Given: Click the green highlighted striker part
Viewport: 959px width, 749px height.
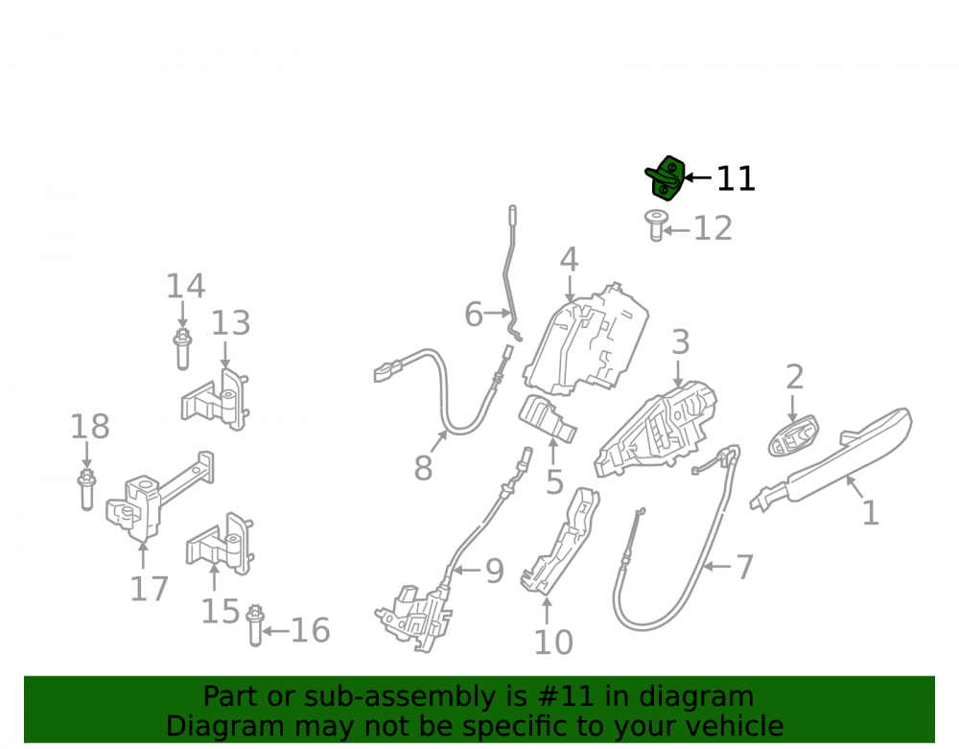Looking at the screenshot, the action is click(x=666, y=178).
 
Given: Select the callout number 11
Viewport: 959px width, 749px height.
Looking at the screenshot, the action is click(x=736, y=179).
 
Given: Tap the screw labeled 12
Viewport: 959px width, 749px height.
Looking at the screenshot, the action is click(x=656, y=225).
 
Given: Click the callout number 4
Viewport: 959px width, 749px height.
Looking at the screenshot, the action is click(x=569, y=260).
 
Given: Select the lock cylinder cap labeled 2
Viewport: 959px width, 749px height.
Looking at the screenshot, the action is click(x=793, y=436).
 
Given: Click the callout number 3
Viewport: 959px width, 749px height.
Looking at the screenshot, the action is click(x=681, y=342).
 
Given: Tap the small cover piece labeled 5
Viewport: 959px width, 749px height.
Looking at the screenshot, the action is click(x=548, y=419).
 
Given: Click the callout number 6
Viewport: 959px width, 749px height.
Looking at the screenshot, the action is click(x=474, y=315).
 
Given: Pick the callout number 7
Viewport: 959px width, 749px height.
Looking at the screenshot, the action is click(x=744, y=567).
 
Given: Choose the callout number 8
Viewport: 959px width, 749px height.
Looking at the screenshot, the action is click(x=423, y=468).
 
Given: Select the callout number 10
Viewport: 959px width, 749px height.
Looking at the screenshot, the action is click(x=553, y=642).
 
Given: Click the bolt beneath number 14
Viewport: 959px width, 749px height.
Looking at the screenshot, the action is click(x=182, y=349).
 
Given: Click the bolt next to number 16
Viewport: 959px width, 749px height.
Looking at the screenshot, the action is click(x=255, y=625).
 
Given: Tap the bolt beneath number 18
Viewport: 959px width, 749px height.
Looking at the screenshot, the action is click(x=87, y=490).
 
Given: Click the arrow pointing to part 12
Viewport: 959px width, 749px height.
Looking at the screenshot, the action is click(x=676, y=230).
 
